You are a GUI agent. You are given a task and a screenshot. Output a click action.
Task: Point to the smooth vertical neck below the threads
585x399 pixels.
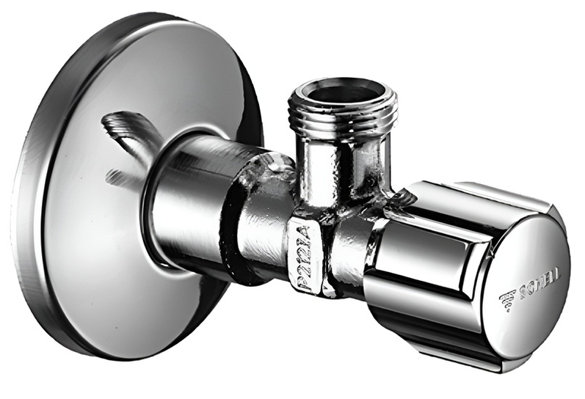pyautogui.click(x=341, y=165)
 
